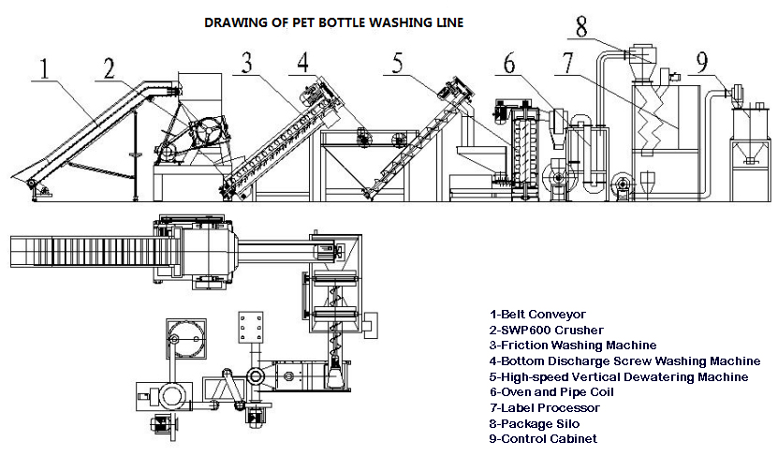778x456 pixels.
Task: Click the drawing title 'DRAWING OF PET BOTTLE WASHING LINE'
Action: tap(334, 22)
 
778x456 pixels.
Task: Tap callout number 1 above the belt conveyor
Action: tap(45, 69)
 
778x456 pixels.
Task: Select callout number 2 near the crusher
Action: tap(110, 68)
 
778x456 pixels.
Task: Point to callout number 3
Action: tap(246, 62)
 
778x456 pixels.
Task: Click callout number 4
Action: tap(303, 63)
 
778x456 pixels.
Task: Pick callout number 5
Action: tap(398, 63)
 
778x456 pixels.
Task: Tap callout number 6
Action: tap(509, 63)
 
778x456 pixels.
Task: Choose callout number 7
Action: tap(568, 63)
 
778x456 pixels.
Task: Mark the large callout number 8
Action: tap(581, 27)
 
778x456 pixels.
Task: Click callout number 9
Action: tap(702, 62)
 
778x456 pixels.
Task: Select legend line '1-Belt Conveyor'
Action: tap(537, 315)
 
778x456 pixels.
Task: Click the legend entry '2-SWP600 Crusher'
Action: tap(547, 331)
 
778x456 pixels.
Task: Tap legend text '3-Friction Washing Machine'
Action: tap(573, 346)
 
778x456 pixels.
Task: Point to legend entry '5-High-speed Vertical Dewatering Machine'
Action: tap(619, 377)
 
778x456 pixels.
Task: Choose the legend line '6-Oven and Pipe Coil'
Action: tap(551, 392)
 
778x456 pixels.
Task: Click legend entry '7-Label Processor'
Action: tap(544, 408)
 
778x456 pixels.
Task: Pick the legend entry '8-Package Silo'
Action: tap(535, 424)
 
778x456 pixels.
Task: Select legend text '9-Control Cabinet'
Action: tap(543, 439)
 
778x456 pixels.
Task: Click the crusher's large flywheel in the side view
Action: tap(209, 131)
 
